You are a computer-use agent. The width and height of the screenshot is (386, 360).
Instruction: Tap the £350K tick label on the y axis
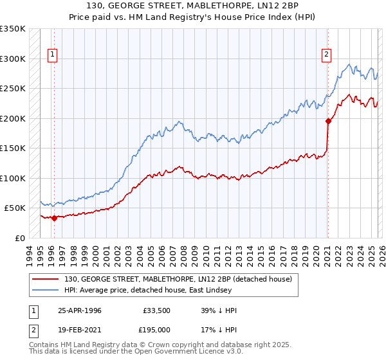click(13, 29)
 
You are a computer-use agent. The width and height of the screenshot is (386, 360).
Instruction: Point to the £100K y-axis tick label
click(13, 178)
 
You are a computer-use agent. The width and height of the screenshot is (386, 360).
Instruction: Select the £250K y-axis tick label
click(13, 89)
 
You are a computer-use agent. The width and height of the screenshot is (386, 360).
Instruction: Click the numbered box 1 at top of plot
click(52, 55)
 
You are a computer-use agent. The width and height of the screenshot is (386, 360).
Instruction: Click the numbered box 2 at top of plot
click(327, 55)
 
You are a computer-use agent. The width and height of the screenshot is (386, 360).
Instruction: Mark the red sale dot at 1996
click(54, 218)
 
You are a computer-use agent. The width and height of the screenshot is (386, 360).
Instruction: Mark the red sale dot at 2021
click(328, 121)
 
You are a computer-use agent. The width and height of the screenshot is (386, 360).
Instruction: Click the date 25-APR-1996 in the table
click(80, 310)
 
